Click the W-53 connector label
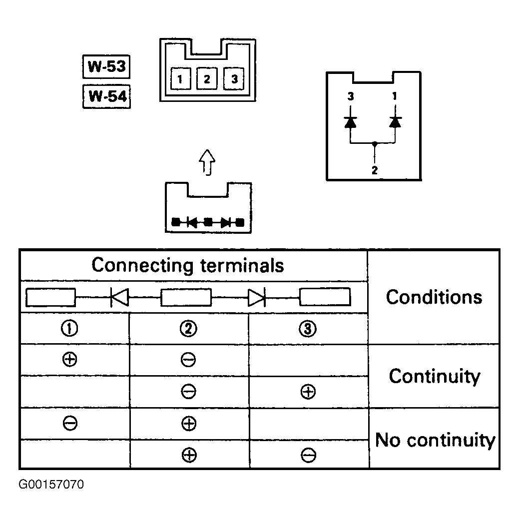click(x=106, y=66)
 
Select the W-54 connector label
click(x=107, y=96)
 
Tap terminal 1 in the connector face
click(x=180, y=79)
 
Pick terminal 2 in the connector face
click(x=207, y=79)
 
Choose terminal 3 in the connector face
click(x=234, y=79)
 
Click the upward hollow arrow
click(x=207, y=162)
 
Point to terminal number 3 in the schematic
click(x=351, y=96)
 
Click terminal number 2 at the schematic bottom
click(x=375, y=170)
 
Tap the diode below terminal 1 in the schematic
click(x=395, y=122)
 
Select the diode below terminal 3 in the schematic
click(x=351, y=122)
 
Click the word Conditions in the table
click(x=434, y=297)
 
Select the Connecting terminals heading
click(x=187, y=265)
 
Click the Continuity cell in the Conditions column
click(x=435, y=376)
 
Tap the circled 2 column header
click(x=188, y=328)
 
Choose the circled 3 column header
click(x=308, y=328)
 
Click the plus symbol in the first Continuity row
click(x=70, y=359)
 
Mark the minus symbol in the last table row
click(x=308, y=455)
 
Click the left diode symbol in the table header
click(x=119, y=297)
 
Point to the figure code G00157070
click(x=51, y=485)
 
